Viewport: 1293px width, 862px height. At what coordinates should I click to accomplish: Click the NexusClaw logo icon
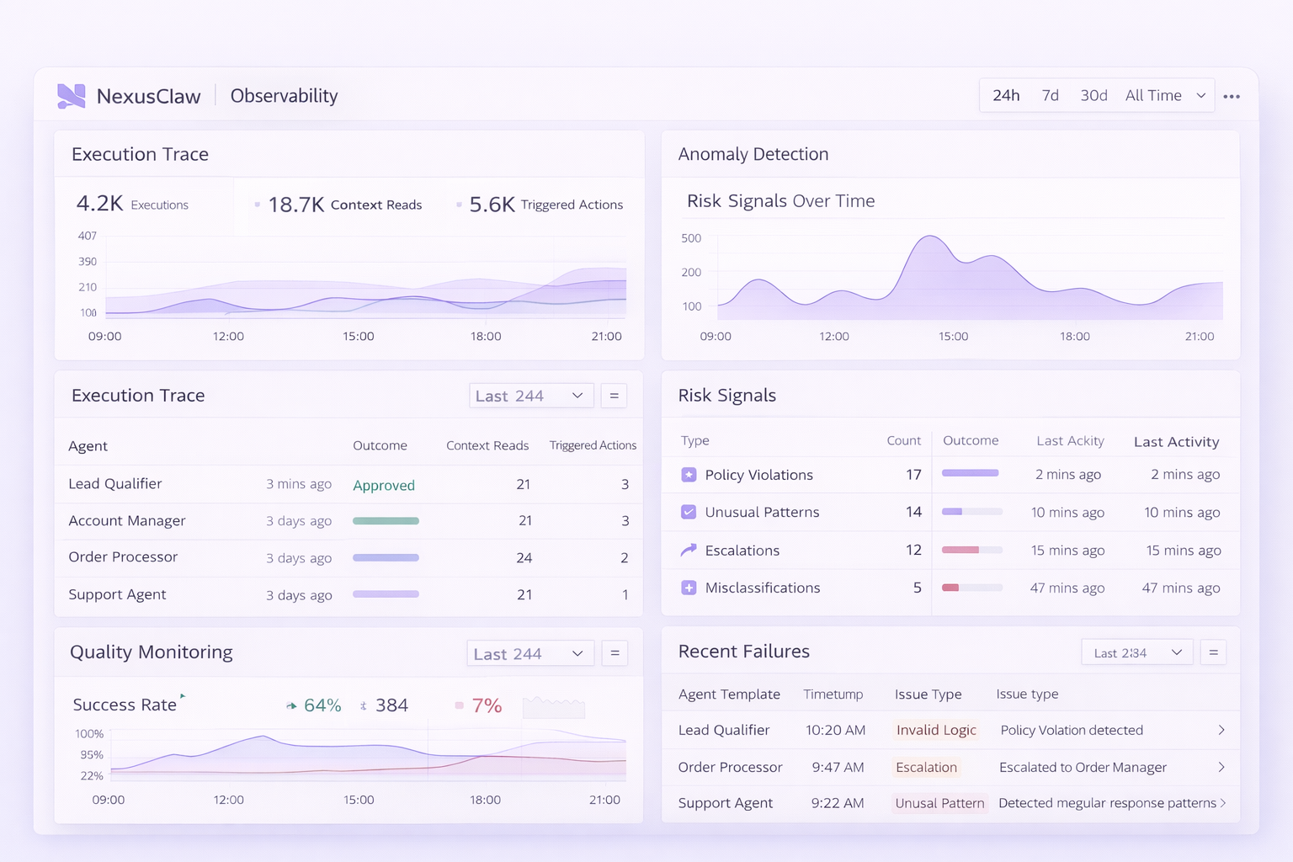pos(72,96)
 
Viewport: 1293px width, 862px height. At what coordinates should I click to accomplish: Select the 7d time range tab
pos(1050,95)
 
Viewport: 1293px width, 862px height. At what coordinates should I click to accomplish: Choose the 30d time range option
pos(1093,95)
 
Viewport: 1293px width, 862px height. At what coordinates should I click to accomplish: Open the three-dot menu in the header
pos(1232,96)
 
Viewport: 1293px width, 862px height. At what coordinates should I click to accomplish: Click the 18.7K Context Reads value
pos(296,205)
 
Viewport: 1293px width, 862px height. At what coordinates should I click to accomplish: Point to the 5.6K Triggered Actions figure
pos(492,205)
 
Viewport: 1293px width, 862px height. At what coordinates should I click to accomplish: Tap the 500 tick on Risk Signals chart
pos(691,238)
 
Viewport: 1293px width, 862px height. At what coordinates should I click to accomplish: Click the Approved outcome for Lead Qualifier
pos(384,485)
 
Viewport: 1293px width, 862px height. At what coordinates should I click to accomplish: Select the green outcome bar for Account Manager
pos(386,521)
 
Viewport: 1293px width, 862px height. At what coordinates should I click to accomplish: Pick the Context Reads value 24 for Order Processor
pos(524,557)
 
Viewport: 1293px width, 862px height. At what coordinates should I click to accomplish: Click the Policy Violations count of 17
pos(913,475)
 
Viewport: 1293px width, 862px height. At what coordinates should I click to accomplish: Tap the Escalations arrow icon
pos(689,550)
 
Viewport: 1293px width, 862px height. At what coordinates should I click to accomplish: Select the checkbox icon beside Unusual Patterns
pos(689,512)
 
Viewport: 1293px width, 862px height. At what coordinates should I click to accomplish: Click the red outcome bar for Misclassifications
pos(950,588)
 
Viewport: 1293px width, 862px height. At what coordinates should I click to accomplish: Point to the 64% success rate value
pos(322,705)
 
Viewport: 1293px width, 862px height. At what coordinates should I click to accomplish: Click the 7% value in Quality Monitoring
pos(487,705)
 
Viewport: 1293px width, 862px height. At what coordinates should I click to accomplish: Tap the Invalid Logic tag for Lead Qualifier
pos(936,730)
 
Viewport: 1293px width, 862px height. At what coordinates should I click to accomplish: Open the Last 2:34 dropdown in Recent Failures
pos(1136,652)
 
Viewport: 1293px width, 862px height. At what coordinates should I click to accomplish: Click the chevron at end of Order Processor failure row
pos(1221,767)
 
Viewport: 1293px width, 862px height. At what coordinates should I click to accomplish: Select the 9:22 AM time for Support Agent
pos(838,803)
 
